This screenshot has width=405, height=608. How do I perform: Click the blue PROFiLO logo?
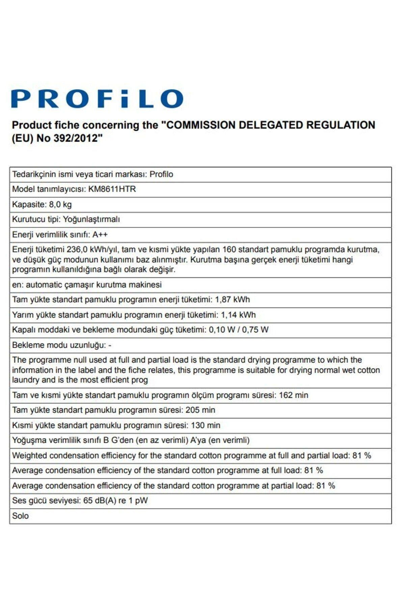pyautogui.click(x=97, y=99)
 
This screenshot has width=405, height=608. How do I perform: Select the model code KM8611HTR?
pyautogui.click(x=112, y=189)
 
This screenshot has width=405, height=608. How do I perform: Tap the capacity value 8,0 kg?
pyautogui.click(x=60, y=204)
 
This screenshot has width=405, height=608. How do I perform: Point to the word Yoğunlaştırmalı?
pyautogui.click(x=91, y=219)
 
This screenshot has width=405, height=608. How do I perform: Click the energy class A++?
pyautogui.click(x=100, y=234)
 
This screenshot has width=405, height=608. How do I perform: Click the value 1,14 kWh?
pyautogui.click(x=238, y=315)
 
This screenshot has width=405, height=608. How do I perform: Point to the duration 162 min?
pyautogui.click(x=293, y=395)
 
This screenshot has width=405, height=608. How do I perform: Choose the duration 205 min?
pyautogui.click(x=200, y=410)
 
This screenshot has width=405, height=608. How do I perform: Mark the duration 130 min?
pyautogui.click(x=206, y=425)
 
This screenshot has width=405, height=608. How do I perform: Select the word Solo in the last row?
pyautogui.click(x=20, y=516)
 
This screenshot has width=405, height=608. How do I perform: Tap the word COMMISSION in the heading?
pyautogui.click(x=201, y=125)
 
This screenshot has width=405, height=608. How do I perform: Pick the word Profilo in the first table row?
pyautogui.click(x=161, y=174)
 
